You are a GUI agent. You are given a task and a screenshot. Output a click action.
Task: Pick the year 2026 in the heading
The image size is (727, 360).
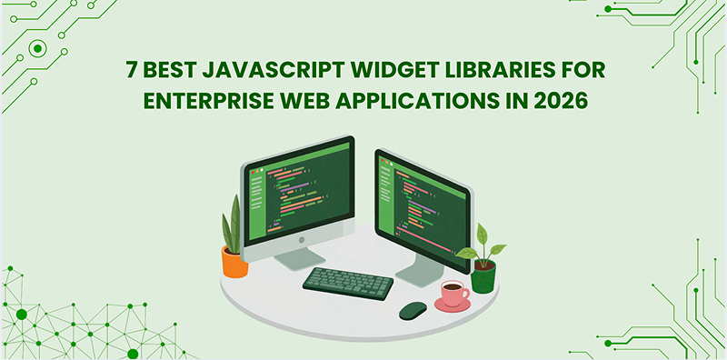click(x=562, y=100)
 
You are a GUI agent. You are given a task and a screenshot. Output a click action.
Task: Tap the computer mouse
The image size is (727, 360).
click(x=413, y=310)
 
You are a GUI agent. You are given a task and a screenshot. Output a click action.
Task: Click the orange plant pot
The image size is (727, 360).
click(x=234, y=262)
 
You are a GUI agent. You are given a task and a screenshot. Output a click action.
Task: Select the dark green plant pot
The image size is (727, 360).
click(x=483, y=276)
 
